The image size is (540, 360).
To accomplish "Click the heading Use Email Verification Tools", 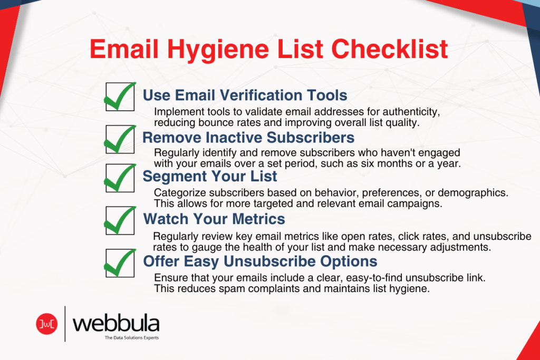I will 245,95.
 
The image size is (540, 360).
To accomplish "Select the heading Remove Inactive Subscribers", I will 248,138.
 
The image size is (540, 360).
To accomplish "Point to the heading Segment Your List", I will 210,176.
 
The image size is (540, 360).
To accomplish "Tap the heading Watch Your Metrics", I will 215,219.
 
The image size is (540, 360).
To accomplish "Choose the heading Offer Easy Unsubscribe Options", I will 260,261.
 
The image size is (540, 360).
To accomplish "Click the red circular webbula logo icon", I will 46,323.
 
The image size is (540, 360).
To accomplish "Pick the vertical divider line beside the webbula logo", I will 65,323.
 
